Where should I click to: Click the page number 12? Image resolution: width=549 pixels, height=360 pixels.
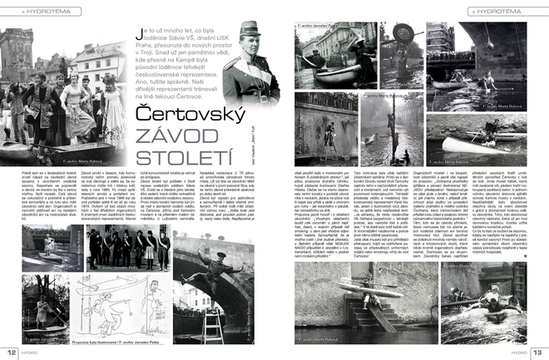12,351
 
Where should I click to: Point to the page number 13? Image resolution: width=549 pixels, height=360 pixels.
537,351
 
